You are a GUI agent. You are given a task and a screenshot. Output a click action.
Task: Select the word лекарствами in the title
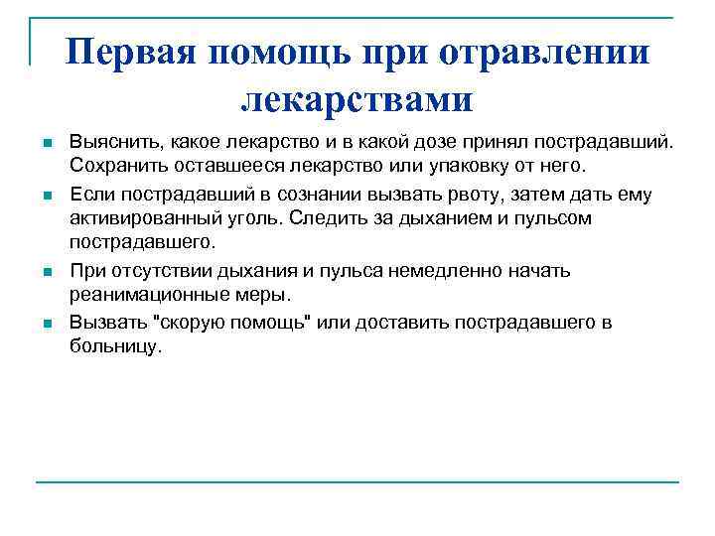click(357, 98)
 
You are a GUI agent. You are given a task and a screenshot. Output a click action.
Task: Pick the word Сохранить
click(114, 161)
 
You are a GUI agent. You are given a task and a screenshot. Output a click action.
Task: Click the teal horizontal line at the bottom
click(357, 483)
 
